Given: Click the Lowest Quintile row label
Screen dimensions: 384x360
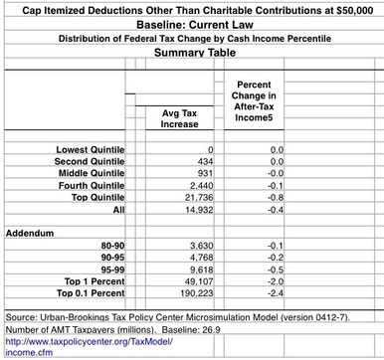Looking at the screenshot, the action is tap(91, 149).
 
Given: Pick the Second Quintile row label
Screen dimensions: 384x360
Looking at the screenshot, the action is tap(90, 160).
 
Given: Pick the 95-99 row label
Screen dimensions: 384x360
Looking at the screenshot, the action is tap(112, 270).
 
